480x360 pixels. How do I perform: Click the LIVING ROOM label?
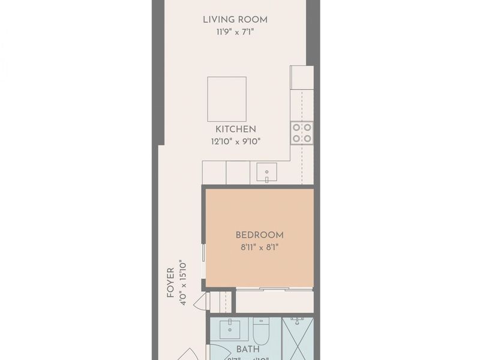coord(235,20)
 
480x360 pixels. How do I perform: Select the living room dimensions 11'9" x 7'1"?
coord(235,32)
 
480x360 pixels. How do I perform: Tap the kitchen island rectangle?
coord(227,99)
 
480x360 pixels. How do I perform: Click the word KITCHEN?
coord(236,129)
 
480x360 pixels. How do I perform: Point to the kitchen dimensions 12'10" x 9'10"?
coord(236,142)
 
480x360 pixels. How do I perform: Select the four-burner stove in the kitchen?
coord(302,133)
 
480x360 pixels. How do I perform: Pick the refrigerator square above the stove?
coord(302,77)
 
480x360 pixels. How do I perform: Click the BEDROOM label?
coord(259,235)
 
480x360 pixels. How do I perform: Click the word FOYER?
coord(170,283)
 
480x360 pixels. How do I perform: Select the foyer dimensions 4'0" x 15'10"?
coord(184,283)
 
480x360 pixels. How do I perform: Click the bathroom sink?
coord(230,329)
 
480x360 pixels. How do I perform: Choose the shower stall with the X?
coord(298,339)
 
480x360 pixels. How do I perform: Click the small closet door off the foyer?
coord(202,301)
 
